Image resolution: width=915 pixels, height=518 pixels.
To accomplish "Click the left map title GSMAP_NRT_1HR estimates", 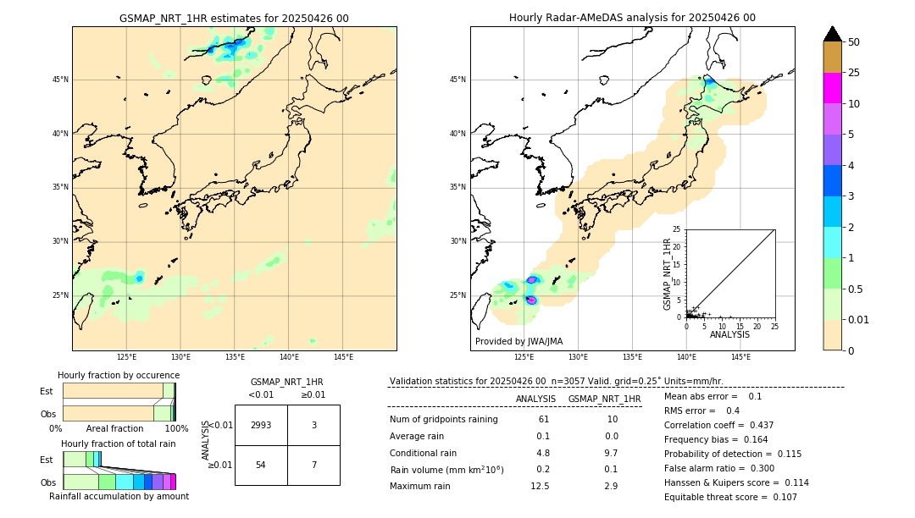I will [x=234, y=18].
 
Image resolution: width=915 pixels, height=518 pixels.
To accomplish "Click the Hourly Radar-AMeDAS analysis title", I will [x=632, y=18].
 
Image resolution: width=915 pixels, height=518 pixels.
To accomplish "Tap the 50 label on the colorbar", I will [x=854, y=42].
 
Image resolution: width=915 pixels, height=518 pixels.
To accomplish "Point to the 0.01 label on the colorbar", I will [x=859, y=319].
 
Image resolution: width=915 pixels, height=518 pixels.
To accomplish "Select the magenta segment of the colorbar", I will [x=832, y=88].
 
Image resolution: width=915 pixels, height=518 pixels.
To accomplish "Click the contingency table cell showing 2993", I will [x=261, y=425].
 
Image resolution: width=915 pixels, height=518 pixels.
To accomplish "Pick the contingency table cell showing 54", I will [x=261, y=466].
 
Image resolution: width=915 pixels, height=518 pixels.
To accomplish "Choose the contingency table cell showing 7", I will [x=313, y=466].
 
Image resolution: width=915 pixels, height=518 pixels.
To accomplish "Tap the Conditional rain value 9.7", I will [x=612, y=453].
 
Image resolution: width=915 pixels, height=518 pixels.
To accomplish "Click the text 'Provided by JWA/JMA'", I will [x=518, y=341].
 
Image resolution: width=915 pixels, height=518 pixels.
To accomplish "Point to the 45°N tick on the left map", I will [x=60, y=80].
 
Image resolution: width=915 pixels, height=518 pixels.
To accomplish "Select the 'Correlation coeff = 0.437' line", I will [x=718, y=425].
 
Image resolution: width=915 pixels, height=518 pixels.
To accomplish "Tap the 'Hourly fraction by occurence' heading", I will [x=119, y=375].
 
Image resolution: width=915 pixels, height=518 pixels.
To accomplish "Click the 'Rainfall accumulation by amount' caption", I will [x=119, y=496].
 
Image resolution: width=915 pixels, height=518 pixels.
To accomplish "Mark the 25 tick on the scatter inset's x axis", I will [x=774, y=325].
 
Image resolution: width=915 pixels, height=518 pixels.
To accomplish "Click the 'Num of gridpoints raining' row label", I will [x=444, y=419].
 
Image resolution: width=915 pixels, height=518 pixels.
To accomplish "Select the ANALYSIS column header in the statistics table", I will [x=535, y=399].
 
